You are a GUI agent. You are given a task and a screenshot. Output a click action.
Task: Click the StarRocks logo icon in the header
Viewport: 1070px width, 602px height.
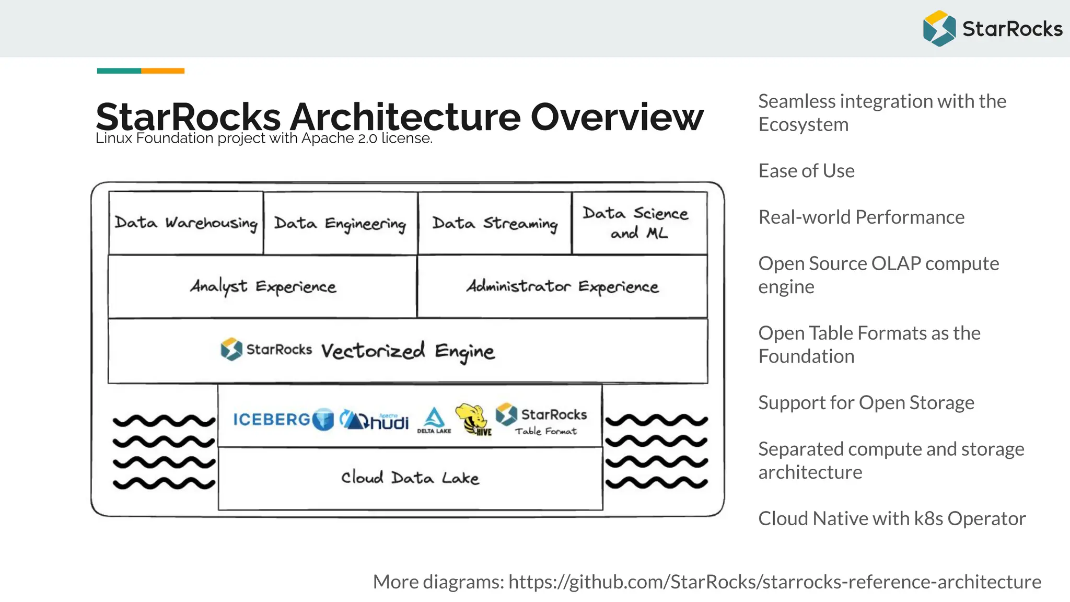[939, 28]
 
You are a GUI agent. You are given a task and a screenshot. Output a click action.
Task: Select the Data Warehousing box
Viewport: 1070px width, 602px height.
[186, 223]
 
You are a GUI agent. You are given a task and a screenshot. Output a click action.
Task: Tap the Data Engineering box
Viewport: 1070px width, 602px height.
[340, 224]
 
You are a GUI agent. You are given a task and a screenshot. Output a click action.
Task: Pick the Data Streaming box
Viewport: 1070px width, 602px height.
[495, 224]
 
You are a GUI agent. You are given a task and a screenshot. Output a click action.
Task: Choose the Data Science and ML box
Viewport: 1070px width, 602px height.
[639, 223]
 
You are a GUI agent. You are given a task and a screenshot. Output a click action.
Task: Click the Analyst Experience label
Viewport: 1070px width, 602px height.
[263, 286]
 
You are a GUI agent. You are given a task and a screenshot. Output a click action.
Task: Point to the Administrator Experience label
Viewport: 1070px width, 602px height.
[562, 286]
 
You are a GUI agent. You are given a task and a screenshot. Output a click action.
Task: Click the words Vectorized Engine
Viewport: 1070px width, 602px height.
[408, 351]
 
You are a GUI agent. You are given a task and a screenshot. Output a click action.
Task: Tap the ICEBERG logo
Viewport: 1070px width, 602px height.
[283, 419]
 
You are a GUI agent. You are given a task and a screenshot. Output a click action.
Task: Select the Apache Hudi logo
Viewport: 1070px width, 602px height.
[374, 420]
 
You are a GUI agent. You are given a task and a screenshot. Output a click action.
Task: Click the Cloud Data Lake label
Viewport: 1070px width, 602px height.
[410, 478]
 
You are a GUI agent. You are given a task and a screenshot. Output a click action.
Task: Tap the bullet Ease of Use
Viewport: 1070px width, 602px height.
[806, 171]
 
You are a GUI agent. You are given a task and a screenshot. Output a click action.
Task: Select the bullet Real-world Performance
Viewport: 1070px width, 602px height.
[861, 217]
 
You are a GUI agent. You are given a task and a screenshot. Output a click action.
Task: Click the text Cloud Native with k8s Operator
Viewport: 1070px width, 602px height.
[892, 518]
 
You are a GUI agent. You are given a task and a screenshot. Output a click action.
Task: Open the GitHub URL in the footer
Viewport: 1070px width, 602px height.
[774, 582]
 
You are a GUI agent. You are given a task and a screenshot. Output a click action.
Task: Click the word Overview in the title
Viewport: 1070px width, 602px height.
[617, 117]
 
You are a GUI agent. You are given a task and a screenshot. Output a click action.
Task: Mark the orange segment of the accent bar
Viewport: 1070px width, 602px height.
[162, 71]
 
